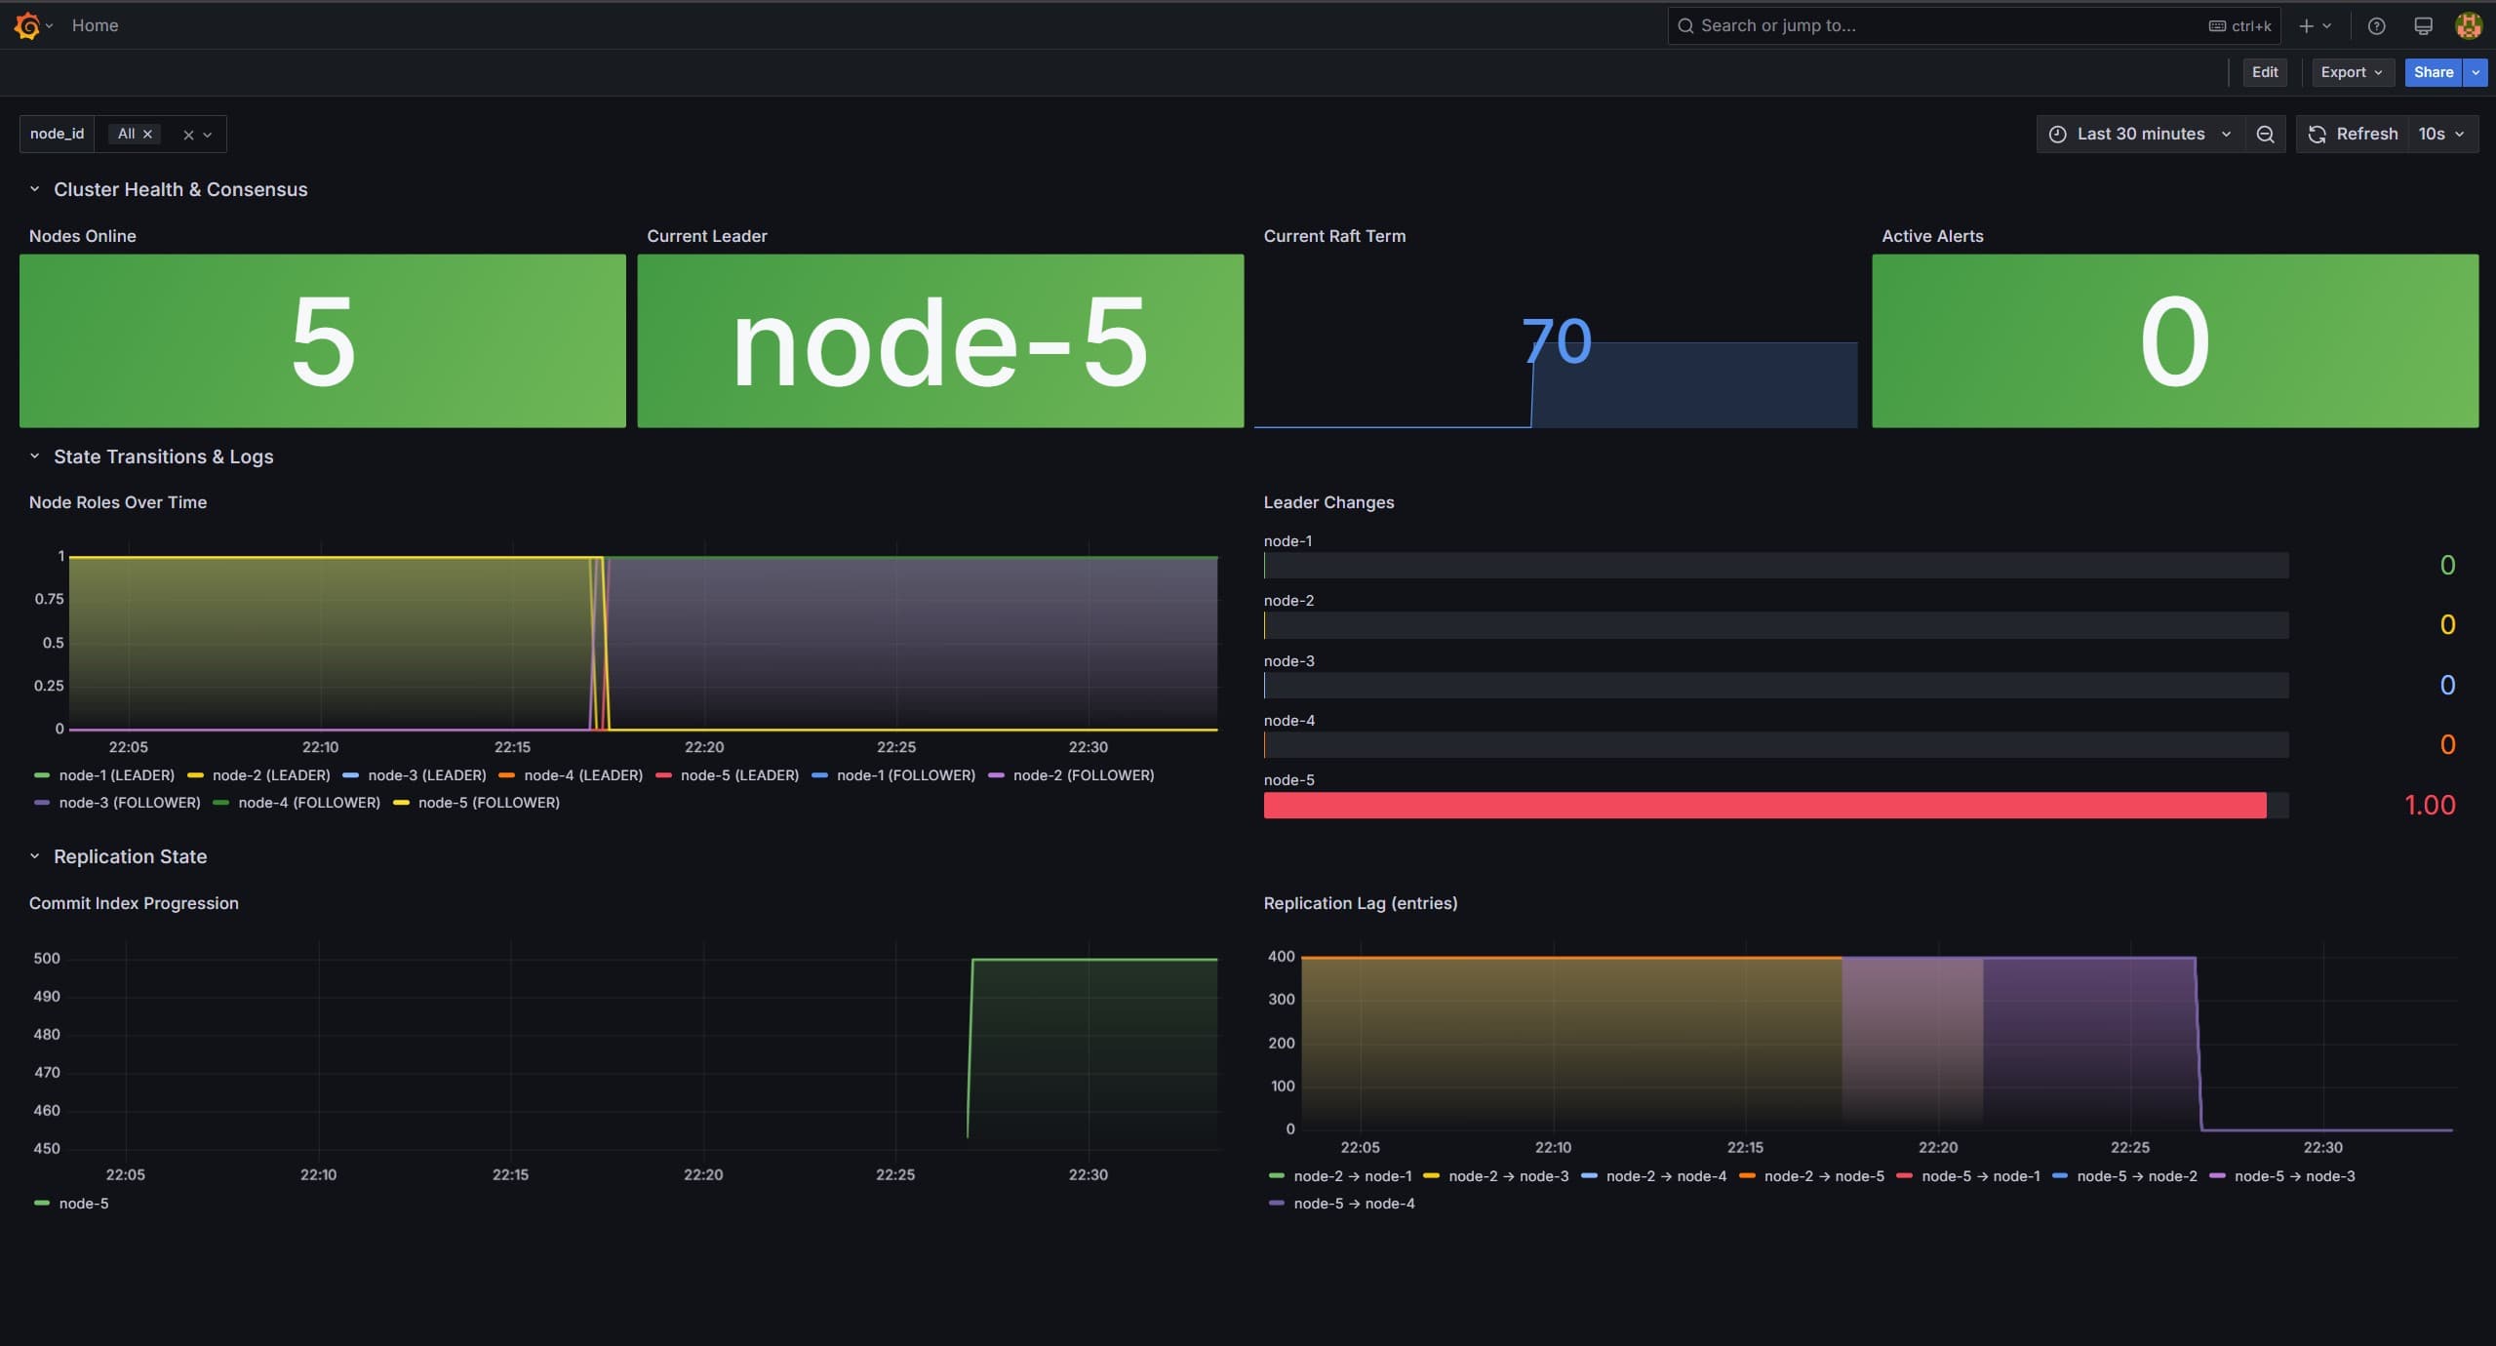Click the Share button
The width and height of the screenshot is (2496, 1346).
coord(2433,72)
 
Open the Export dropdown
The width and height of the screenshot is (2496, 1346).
coord(2352,72)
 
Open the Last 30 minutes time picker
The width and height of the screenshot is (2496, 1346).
coord(2140,134)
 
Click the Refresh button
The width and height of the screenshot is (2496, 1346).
coord(2352,134)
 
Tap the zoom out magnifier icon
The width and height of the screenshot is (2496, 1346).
coord(2265,134)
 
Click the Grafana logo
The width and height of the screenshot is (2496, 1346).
coord(27,25)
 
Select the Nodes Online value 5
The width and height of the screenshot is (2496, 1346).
coord(323,341)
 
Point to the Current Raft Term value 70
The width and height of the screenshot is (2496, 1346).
coord(1556,341)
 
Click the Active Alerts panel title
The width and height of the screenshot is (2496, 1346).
coord(1931,236)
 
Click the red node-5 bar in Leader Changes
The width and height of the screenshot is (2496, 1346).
coord(1764,805)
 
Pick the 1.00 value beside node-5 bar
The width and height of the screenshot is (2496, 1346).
coord(2429,805)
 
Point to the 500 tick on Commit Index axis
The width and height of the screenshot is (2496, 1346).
coord(47,959)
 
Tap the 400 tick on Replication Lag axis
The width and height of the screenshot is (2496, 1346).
coord(1281,957)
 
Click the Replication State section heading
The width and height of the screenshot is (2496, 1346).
coord(130,856)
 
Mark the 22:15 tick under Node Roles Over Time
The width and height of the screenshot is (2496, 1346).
coord(512,747)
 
